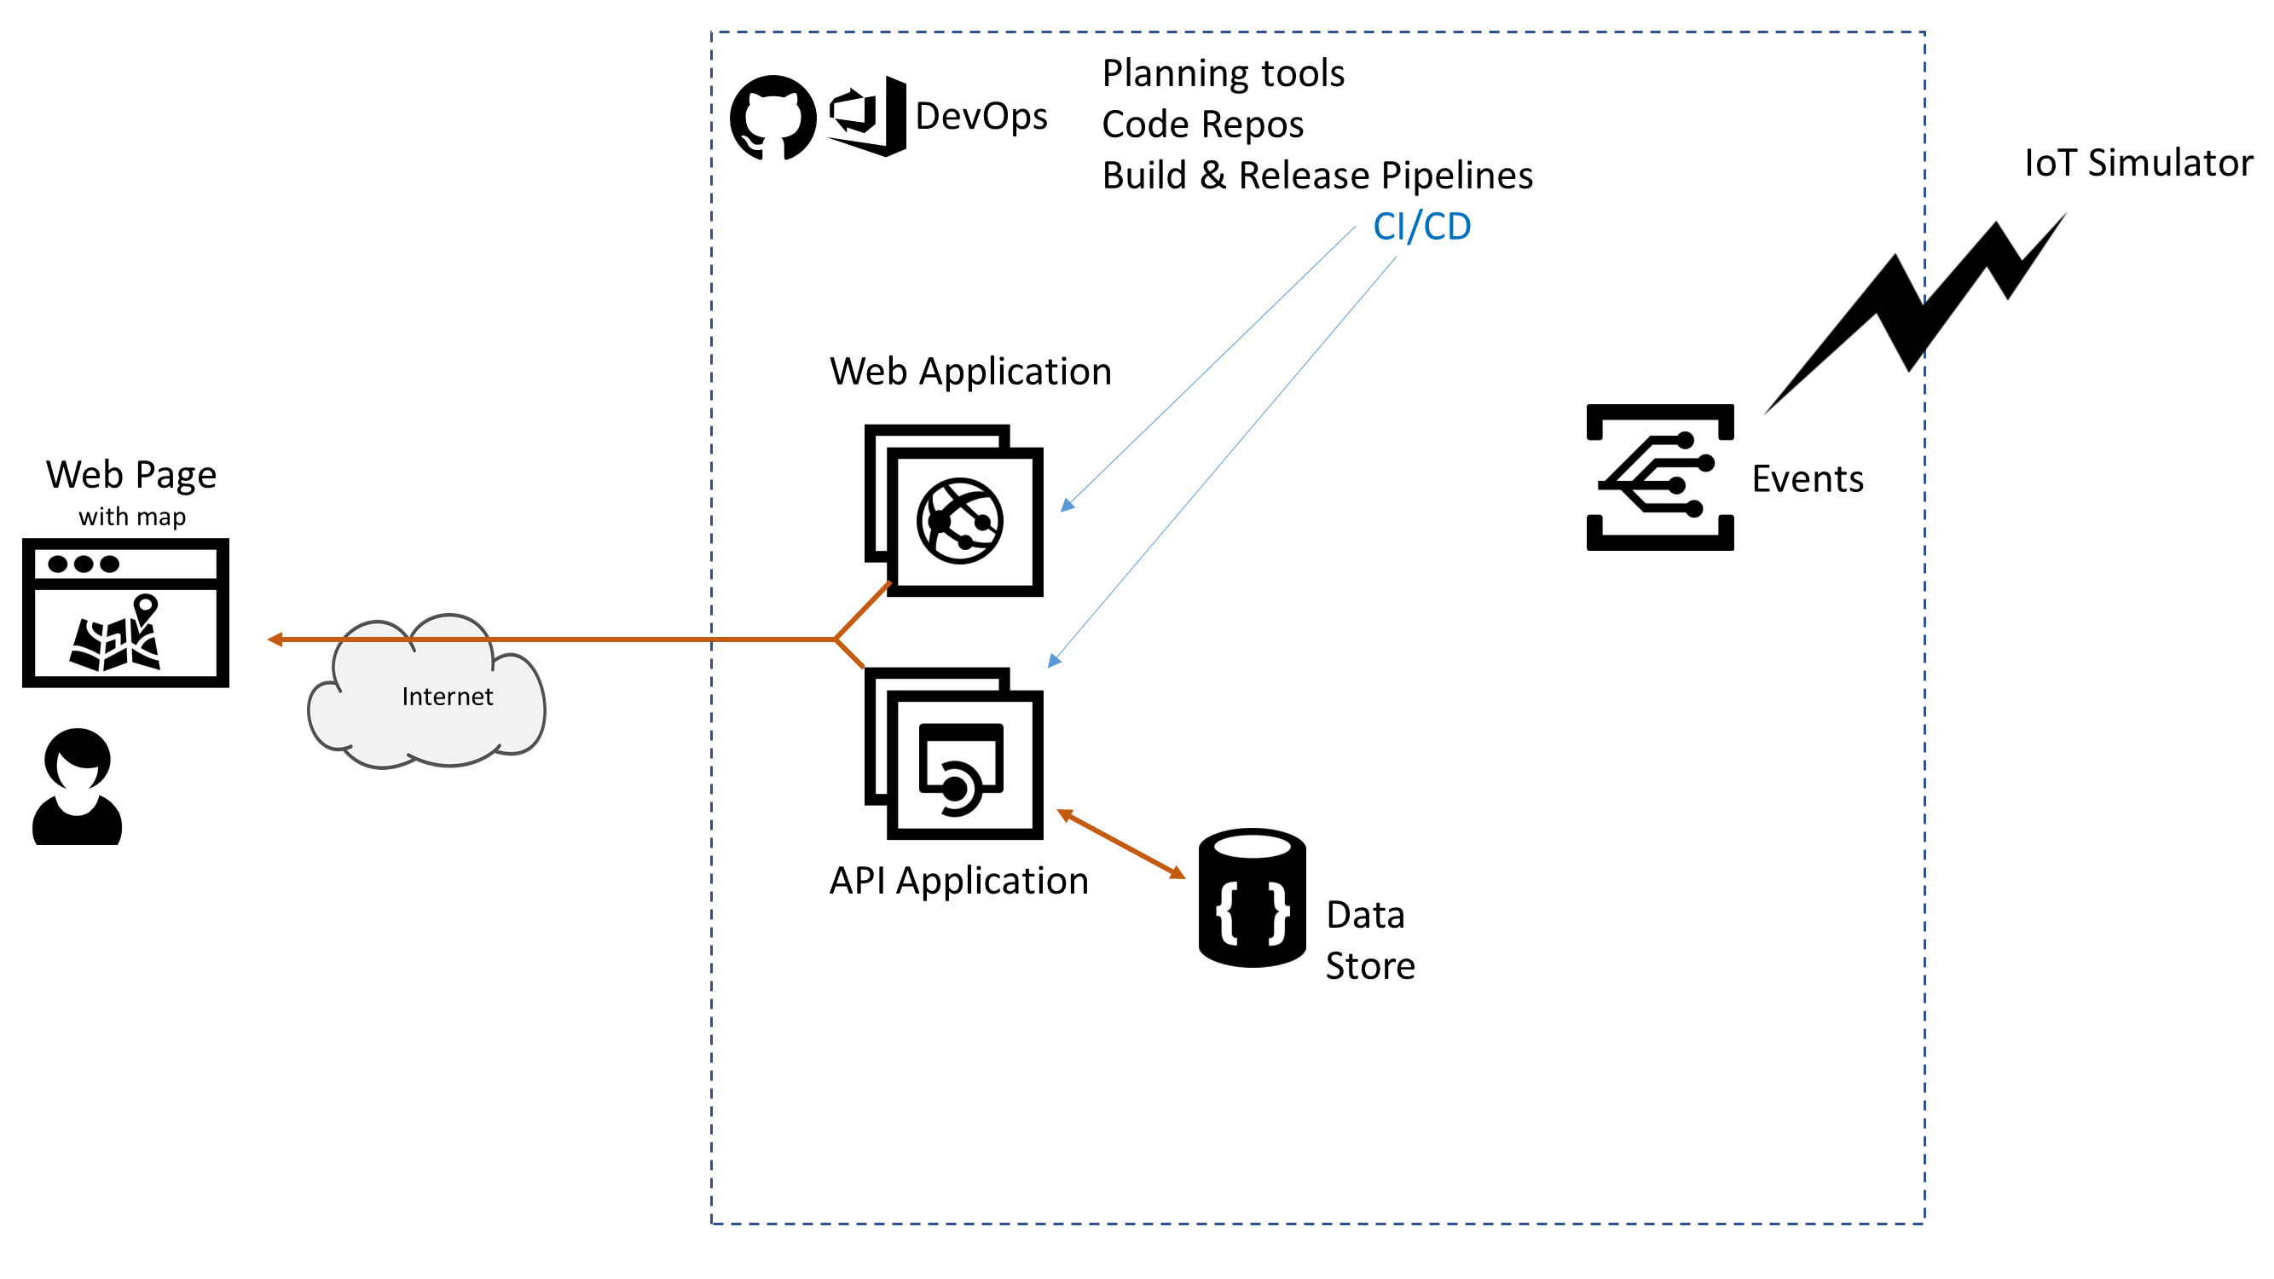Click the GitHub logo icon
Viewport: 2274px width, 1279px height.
pyautogui.click(x=772, y=118)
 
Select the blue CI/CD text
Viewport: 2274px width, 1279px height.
pyautogui.click(x=1421, y=227)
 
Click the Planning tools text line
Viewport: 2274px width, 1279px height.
pyautogui.click(x=1223, y=73)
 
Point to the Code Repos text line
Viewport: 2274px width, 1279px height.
pyautogui.click(x=1202, y=124)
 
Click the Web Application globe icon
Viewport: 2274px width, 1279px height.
pyautogui.click(x=958, y=521)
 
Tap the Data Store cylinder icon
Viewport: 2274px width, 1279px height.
pyautogui.click(x=1252, y=898)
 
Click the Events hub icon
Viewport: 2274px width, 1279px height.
pyautogui.click(x=1659, y=477)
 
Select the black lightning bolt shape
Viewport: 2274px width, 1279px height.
pyautogui.click(x=1916, y=309)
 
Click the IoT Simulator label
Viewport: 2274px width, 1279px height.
pyautogui.click(x=2138, y=164)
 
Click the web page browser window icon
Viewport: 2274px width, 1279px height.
pyautogui.click(x=125, y=612)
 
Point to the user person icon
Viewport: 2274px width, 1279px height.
pyautogui.click(x=78, y=787)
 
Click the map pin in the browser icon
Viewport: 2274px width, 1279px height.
pyautogui.click(x=146, y=605)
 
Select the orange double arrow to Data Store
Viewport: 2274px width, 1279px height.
pyautogui.click(x=1121, y=844)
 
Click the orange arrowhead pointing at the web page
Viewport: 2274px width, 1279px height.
pyautogui.click(x=275, y=639)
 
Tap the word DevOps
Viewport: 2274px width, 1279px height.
pyautogui.click(x=981, y=117)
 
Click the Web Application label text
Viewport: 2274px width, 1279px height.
pyautogui.click(x=970, y=372)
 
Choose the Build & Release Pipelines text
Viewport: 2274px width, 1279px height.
pyautogui.click(x=1317, y=176)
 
